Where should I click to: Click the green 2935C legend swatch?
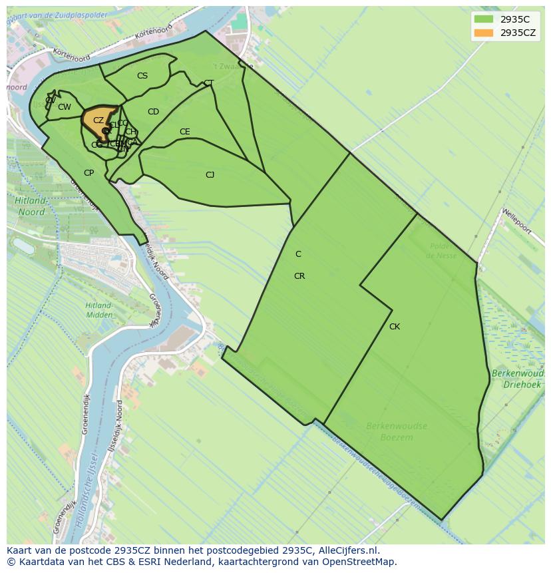pos(484,19)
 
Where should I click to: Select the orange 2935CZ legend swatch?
pos(484,33)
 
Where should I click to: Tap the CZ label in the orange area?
pos(98,120)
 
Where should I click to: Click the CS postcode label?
pos(142,76)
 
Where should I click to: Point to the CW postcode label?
pos(65,107)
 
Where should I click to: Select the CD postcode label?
pos(153,112)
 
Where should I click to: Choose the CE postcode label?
pos(185,132)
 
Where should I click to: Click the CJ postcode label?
pos(210,175)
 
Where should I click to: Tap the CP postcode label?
pos(89,173)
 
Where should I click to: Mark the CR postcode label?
pos(299,276)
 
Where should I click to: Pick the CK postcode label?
pos(395,327)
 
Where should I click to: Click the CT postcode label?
pos(209,83)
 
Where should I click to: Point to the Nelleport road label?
pos(517,221)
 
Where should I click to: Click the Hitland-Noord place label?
pos(31,206)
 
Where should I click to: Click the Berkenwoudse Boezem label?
pos(397,431)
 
